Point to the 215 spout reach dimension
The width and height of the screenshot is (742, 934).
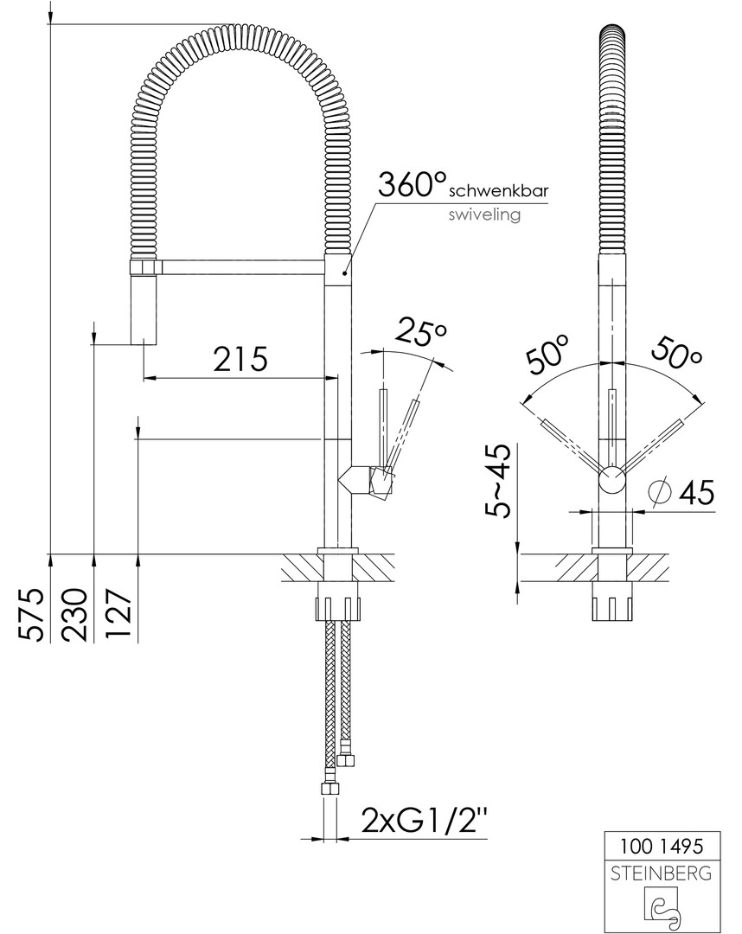[240, 359]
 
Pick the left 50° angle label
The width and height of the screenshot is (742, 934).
[547, 355]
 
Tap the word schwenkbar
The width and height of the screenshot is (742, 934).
[498, 191]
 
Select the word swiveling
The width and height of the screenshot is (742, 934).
[485, 214]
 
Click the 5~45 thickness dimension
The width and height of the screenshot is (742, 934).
[496, 481]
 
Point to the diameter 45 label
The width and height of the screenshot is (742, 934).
[680, 492]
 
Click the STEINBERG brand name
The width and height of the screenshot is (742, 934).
[661, 873]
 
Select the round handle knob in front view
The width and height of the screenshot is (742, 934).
[611, 480]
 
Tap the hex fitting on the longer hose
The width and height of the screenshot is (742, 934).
[329, 790]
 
